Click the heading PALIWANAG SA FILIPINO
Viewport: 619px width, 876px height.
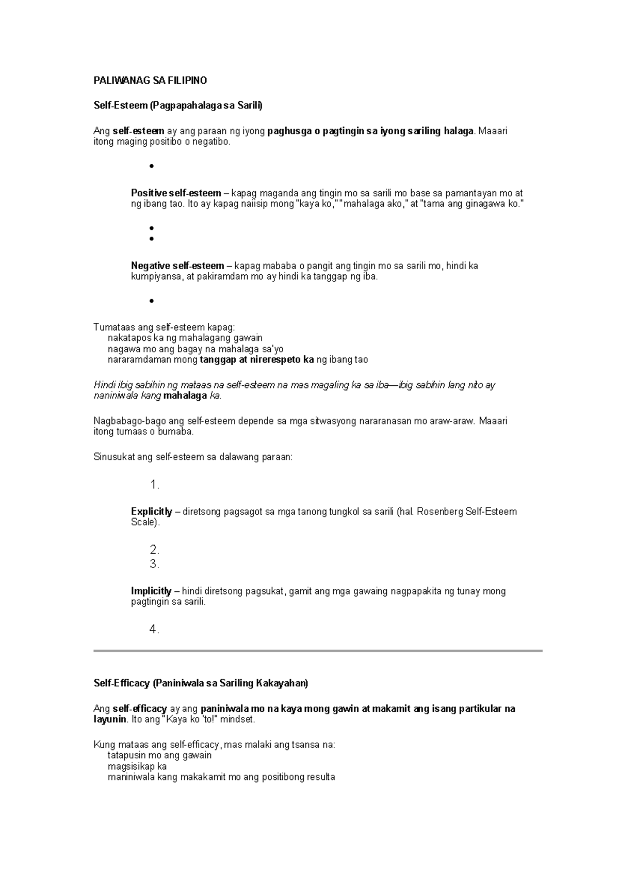[x=150, y=81]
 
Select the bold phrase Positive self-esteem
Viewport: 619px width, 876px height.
[x=176, y=193]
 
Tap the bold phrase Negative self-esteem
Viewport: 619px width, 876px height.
[x=177, y=266]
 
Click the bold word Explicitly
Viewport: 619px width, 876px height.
[x=151, y=511]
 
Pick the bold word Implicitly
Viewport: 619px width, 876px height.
[x=151, y=591]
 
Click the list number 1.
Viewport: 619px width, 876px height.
[x=154, y=485]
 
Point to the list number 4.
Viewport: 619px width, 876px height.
[x=154, y=630]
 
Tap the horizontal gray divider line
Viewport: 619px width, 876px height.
[x=318, y=651]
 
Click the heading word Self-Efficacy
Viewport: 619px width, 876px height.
[x=122, y=683]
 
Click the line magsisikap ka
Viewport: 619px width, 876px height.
[x=137, y=766]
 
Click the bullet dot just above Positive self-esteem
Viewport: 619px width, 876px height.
[x=151, y=167]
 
